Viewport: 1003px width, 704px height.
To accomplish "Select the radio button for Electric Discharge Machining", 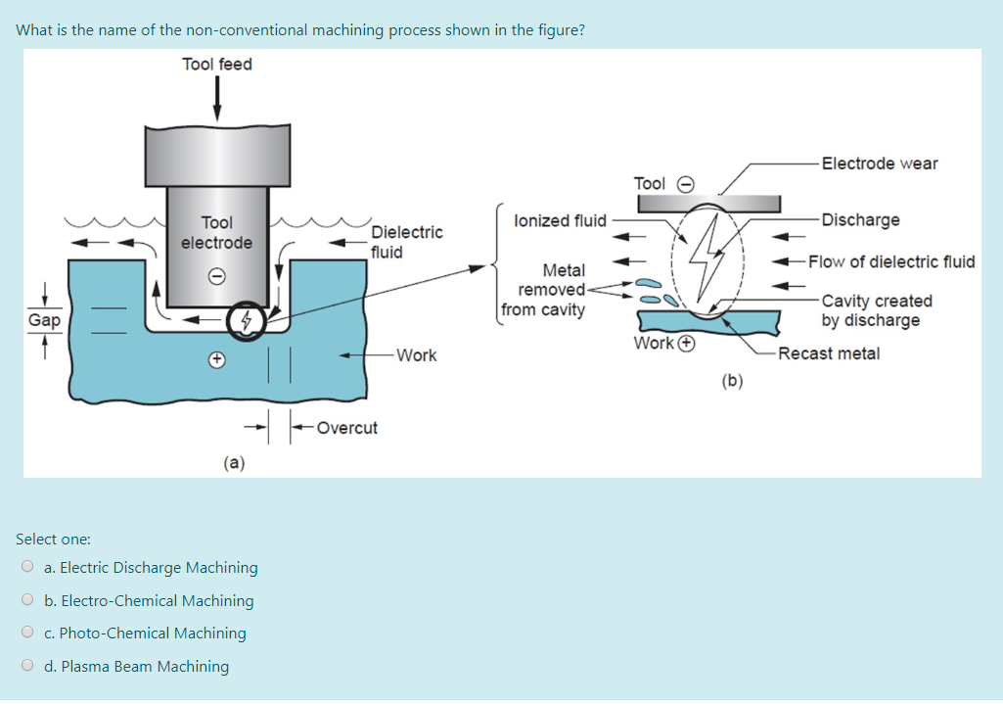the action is click(x=27, y=566).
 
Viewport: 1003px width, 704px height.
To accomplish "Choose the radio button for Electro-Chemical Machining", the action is click(x=27, y=599).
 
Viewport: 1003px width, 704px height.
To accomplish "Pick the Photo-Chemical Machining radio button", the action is click(x=27, y=632).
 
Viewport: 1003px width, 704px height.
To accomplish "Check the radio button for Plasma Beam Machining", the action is click(x=27, y=665).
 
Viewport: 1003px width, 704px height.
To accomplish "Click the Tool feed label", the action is click(x=217, y=64).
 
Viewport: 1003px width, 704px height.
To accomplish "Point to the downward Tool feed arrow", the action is click(x=217, y=99).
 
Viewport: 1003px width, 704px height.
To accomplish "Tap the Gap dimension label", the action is click(x=44, y=319).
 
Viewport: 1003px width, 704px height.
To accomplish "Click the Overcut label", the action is click(x=346, y=428).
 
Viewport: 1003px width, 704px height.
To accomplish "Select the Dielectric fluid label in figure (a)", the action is click(x=406, y=242).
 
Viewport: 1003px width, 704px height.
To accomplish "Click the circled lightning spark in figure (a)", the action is click(x=246, y=321).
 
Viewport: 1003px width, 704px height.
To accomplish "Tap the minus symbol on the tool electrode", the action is click(x=217, y=276).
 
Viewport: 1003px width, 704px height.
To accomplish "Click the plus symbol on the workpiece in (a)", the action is click(x=217, y=359).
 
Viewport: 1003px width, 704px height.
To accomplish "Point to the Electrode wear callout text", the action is click(x=880, y=164).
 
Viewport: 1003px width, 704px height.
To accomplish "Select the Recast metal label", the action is click(x=829, y=353).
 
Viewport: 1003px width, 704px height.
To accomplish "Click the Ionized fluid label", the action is click(x=560, y=221).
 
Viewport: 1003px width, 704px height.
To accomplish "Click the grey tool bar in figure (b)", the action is click(x=708, y=204).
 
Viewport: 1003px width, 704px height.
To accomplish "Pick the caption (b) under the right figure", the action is click(x=732, y=381).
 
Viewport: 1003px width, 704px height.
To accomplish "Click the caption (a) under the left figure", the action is click(x=234, y=462).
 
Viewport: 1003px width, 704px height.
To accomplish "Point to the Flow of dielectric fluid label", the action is click(x=891, y=261).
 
